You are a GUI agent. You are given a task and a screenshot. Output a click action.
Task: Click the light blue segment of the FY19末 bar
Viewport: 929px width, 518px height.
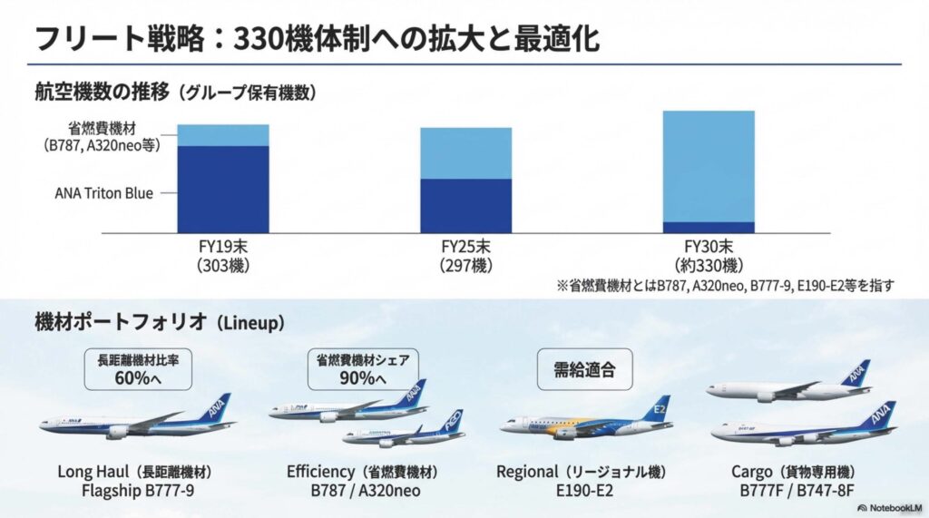tap(223, 134)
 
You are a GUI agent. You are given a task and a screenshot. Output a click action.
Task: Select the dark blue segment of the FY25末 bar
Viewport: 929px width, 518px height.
tap(465, 205)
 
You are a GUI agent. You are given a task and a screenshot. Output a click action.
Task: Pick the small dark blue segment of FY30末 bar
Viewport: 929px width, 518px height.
tap(709, 227)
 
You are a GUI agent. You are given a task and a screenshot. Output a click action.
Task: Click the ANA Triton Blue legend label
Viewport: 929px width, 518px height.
tap(103, 192)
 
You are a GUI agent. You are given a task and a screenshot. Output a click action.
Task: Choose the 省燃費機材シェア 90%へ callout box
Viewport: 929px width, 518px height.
tap(362, 367)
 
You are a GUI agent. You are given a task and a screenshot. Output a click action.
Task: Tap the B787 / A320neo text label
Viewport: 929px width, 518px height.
tap(363, 492)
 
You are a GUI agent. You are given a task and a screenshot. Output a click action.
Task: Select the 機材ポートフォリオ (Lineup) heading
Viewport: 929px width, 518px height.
tap(159, 322)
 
